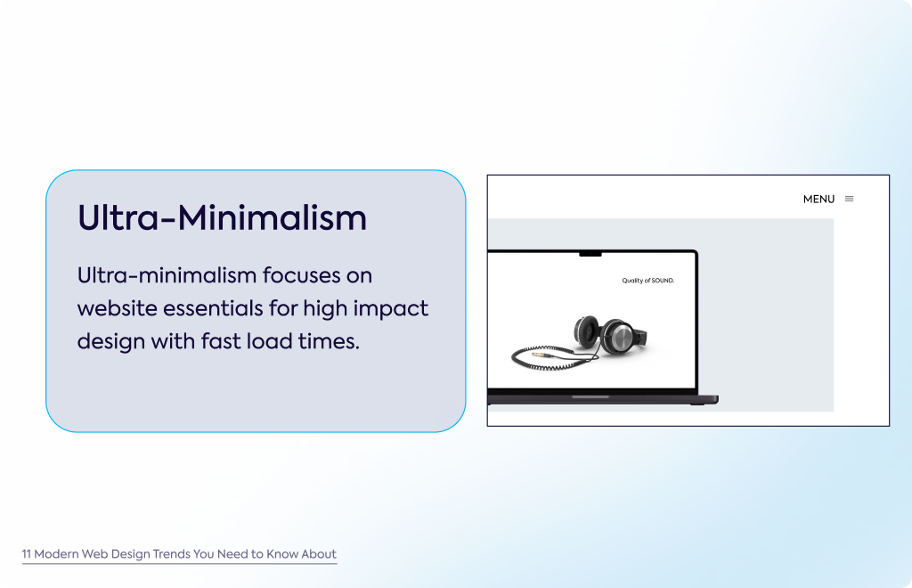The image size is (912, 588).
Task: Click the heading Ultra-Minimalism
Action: [x=222, y=218]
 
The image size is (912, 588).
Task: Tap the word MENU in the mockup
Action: [x=818, y=199]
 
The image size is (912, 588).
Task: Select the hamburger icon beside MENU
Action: [x=849, y=199]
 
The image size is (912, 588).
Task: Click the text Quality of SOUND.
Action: [x=648, y=281]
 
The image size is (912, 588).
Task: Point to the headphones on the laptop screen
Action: [x=609, y=334]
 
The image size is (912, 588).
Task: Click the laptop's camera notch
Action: [x=590, y=254]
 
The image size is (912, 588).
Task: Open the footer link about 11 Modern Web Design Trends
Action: [x=179, y=554]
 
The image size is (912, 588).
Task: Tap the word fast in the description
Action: [x=221, y=341]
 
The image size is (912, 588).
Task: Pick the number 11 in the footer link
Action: [x=26, y=554]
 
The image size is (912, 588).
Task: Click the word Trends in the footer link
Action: [x=171, y=554]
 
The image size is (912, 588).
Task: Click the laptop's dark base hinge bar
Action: [x=603, y=399]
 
